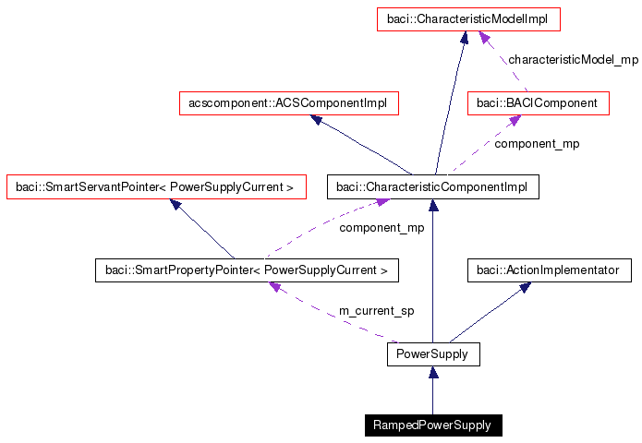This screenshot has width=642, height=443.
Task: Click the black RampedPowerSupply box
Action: point(432,425)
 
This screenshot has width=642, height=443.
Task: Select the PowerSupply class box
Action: point(432,353)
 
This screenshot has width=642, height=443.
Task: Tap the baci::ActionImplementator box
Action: point(549,270)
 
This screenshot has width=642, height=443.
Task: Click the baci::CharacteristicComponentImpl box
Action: point(432,187)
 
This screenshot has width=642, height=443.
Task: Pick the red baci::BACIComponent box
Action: point(539,103)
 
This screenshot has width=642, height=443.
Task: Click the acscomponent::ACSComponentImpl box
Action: point(287,103)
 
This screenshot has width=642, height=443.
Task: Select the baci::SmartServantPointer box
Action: point(154,187)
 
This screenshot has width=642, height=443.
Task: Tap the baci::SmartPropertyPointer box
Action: point(247,270)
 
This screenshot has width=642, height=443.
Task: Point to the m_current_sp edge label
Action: point(376,311)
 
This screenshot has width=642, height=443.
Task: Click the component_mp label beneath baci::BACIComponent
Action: point(537,144)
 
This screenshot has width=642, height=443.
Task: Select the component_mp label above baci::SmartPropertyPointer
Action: point(382,227)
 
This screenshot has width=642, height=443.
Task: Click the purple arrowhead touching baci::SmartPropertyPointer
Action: point(274,287)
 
